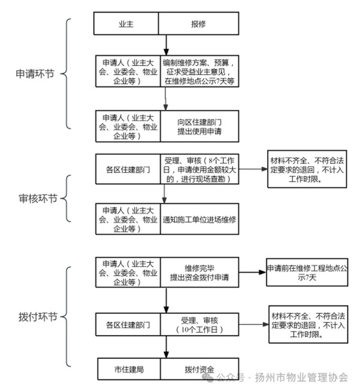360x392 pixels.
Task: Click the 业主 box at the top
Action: pyautogui.click(x=126, y=23)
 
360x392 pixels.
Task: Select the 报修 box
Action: pyautogui.click(x=198, y=23)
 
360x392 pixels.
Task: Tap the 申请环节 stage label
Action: pyautogui.click(x=34, y=75)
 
